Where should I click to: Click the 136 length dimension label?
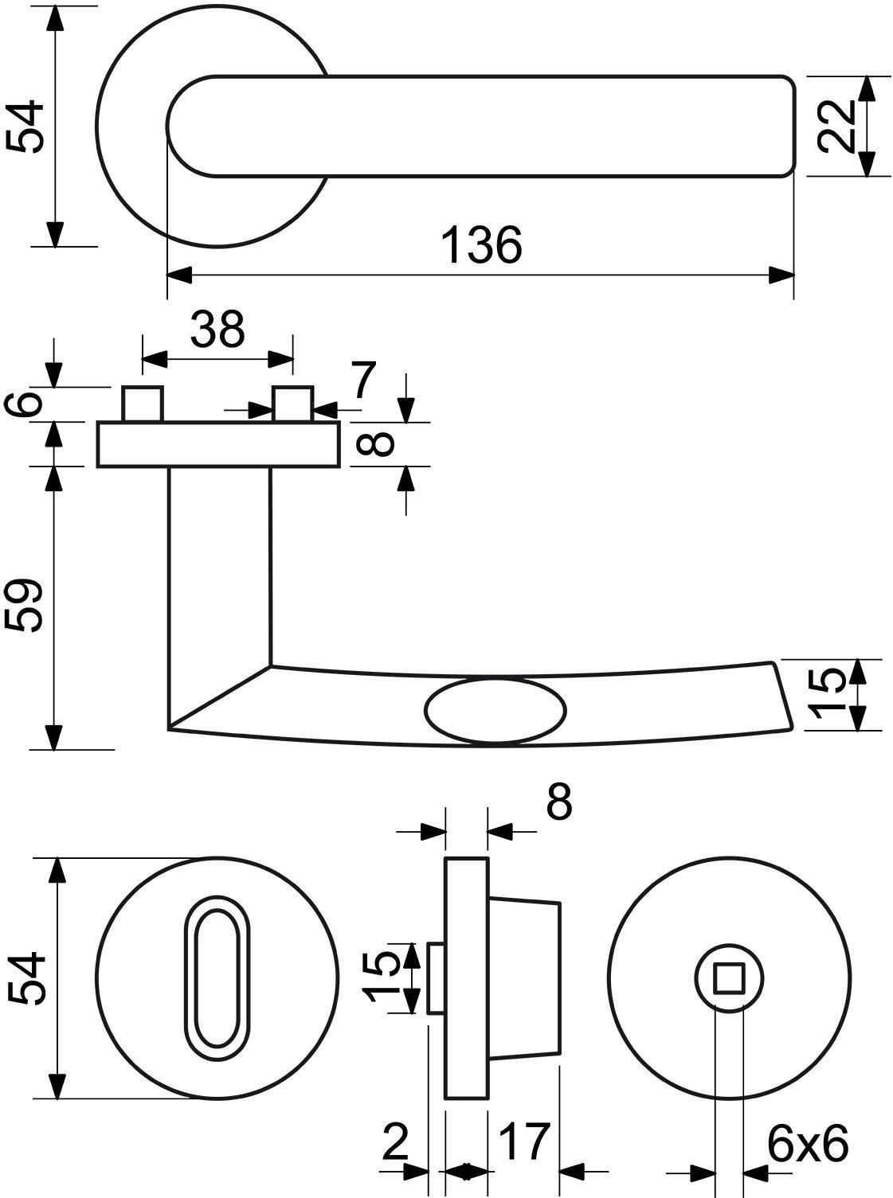pyautogui.click(x=482, y=245)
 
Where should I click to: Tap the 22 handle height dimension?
pyautogui.click(x=836, y=127)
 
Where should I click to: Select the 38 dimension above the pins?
pyautogui.click(x=217, y=329)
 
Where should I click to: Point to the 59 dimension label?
pyautogui.click(x=23, y=605)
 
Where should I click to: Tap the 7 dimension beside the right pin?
pyautogui.click(x=362, y=380)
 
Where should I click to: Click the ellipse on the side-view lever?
pyautogui.click(x=495, y=710)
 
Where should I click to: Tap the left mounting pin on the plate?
pyautogui.click(x=143, y=404)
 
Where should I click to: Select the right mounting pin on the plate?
pyautogui.click(x=293, y=404)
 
